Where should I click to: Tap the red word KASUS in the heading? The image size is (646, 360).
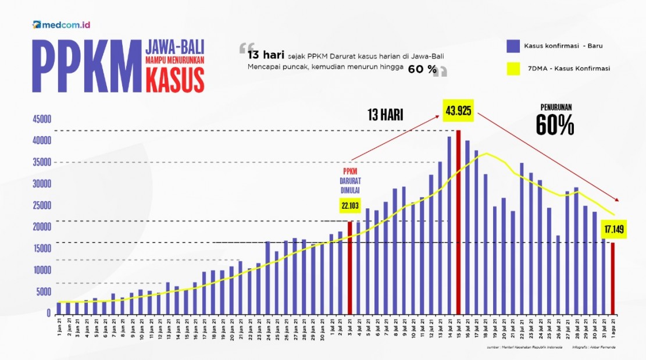175,79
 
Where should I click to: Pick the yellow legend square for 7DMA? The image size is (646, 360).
513,69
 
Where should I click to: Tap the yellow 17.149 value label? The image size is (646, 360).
613,229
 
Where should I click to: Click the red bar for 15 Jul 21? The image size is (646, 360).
459,222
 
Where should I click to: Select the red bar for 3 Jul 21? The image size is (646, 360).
350,268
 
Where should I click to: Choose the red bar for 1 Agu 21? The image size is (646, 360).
612,278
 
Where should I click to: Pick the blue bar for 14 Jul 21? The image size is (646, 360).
449,224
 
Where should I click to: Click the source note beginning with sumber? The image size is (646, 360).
518,348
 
